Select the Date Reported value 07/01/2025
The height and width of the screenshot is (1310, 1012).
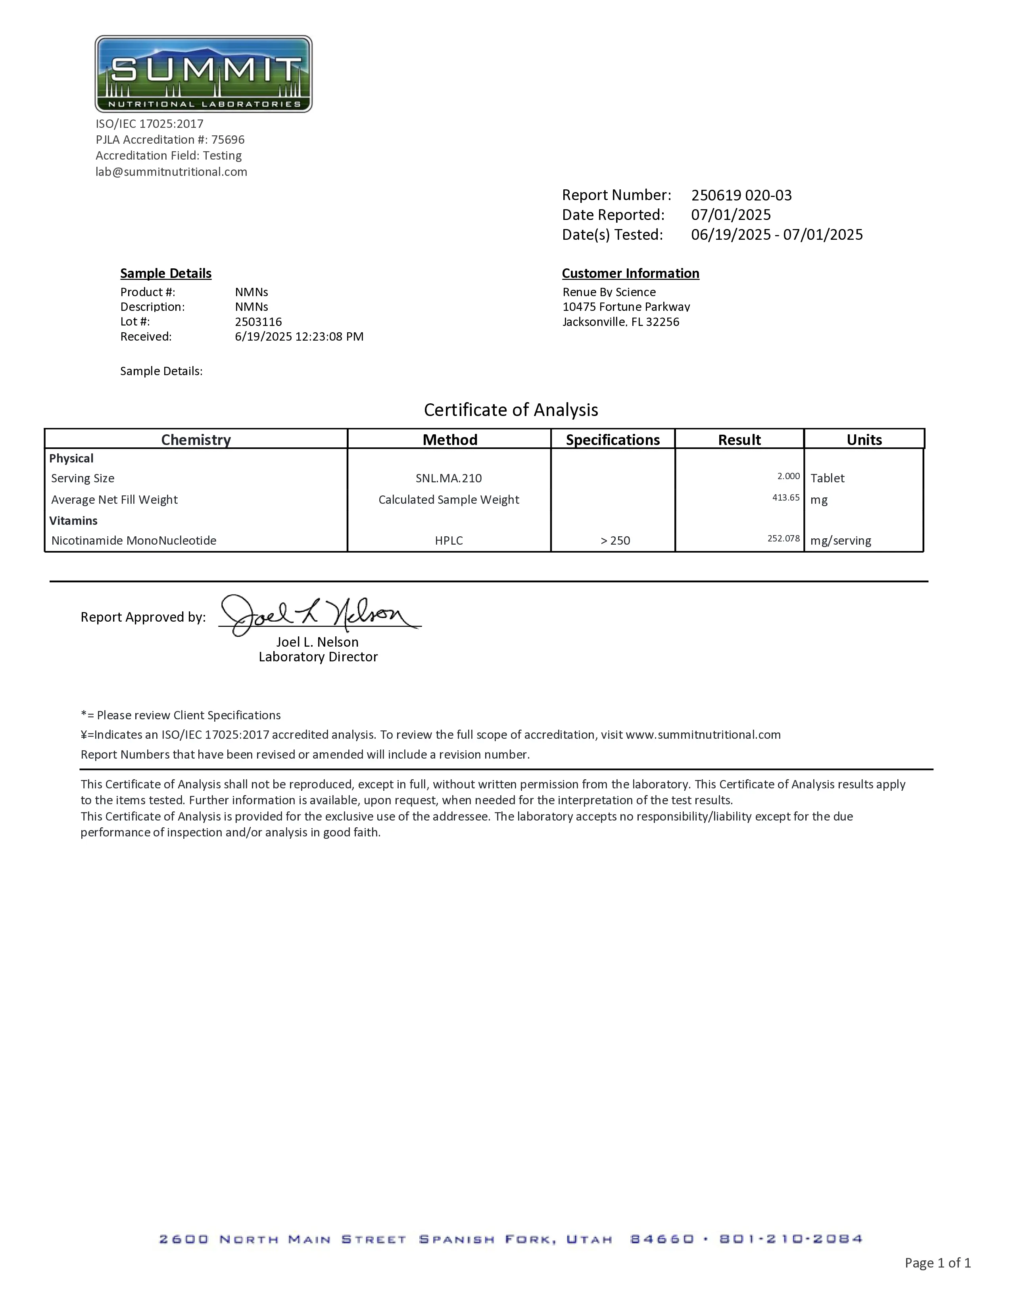pyautogui.click(x=731, y=215)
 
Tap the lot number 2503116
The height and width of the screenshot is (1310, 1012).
pyautogui.click(x=258, y=322)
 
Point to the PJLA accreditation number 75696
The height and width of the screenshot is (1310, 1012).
pyautogui.click(x=228, y=140)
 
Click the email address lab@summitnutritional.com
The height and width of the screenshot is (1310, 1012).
pyautogui.click(x=171, y=171)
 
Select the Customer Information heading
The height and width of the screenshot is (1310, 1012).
pyautogui.click(x=630, y=273)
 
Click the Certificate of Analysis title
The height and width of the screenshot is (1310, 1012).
pyautogui.click(x=511, y=410)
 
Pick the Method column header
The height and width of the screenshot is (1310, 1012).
pyautogui.click(x=449, y=440)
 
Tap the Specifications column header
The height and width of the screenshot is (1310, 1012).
pyautogui.click(x=613, y=440)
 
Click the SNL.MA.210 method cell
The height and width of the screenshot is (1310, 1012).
pyautogui.click(x=448, y=478)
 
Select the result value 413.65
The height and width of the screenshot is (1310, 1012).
pyautogui.click(x=785, y=497)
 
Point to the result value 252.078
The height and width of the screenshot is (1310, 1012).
pyautogui.click(x=783, y=538)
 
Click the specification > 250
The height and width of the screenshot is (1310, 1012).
pyautogui.click(x=615, y=540)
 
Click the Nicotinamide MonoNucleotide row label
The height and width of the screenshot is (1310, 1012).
pyautogui.click(x=134, y=540)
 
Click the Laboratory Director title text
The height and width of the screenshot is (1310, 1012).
pyautogui.click(x=318, y=657)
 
